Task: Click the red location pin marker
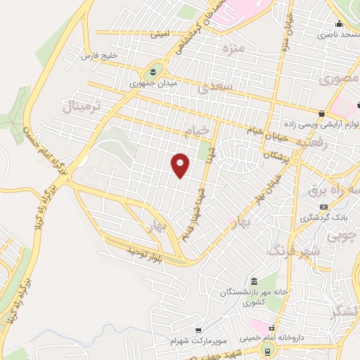point(181,164)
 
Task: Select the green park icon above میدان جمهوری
point(152,72)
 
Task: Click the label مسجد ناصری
point(335,34)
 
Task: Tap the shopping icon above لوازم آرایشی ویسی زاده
point(321,113)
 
